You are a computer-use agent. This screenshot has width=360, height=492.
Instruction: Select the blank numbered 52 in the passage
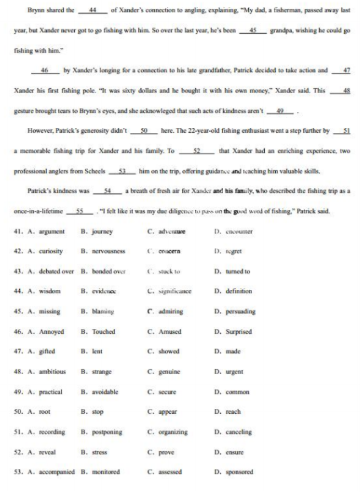click(197, 150)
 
